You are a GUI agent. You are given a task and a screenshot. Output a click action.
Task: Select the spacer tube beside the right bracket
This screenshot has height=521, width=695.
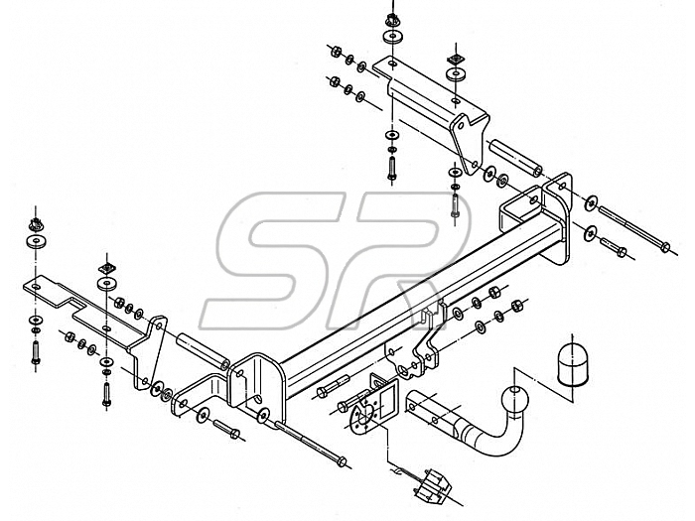pyautogui.click(x=515, y=157)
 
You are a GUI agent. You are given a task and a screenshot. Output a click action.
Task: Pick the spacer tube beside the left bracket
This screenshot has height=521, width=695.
pyautogui.click(x=203, y=352)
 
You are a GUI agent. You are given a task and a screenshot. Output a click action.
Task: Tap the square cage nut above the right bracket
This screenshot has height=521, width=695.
pyautogui.click(x=455, y=59)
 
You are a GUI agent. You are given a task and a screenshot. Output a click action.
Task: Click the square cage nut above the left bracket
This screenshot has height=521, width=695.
pyautogui.click(x=106, y=268)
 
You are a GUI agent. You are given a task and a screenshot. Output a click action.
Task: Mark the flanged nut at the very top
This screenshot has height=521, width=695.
pyautogui.click(x=391, y=20)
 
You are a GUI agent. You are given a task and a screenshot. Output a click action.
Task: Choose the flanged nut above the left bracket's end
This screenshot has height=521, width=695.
pyautogui.click(x=35, y=226)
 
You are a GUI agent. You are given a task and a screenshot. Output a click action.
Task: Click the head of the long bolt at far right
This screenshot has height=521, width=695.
pyautogui.click(x=665, y=247)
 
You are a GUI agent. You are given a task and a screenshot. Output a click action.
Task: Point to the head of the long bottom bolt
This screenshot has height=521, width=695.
pyautogui.click(x=341, y=461)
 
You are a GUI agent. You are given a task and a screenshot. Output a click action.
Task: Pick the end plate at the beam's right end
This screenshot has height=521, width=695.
pyautogui.click(x=557, y=218)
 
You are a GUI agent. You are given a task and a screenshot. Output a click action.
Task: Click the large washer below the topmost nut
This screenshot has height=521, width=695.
pyautogui.click(x=391, y=37)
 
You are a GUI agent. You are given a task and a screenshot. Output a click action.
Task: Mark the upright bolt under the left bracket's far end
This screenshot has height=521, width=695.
pyautogui.click(x=36, y=352)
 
